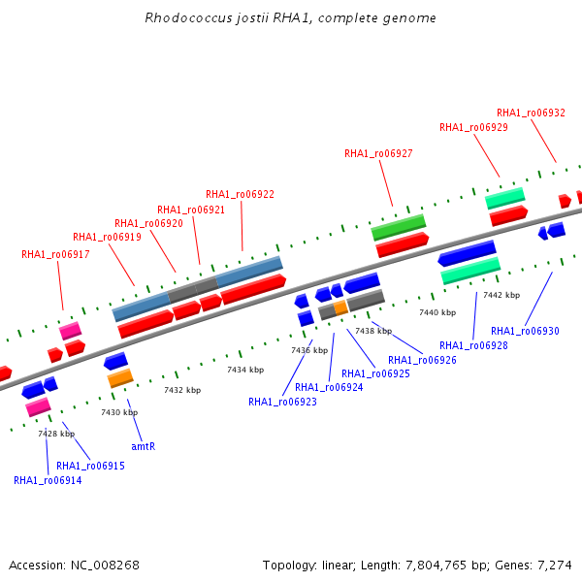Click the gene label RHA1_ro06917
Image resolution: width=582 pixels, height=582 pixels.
click(55, 254)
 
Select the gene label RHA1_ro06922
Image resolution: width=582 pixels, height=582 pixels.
click(240, 195)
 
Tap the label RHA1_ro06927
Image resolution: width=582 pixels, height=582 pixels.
click(378, 153)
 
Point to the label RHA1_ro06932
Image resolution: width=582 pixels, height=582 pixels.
click(531, 113)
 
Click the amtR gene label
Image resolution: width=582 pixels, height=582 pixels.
click(144, 446)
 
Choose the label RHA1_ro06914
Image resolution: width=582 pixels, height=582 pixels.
click(48, 481)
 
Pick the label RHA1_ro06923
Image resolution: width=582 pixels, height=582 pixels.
click(282, 402)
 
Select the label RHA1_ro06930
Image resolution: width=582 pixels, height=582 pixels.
click(525, 331)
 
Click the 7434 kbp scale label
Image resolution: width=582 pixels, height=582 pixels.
click(245, 371)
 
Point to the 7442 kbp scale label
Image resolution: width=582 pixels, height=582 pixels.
click(501, 295)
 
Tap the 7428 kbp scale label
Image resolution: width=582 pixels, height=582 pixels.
click(56, 434)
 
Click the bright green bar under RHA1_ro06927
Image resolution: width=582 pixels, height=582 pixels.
click(399, 227)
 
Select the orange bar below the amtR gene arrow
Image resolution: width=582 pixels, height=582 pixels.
click(120, 378)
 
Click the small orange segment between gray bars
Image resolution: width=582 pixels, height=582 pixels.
click(340, 307)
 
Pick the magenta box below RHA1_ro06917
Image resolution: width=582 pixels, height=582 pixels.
click(70, 331)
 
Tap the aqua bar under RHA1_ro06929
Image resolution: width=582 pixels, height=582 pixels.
click(504, 198)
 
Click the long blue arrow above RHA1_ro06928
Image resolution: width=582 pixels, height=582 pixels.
click(467, 253)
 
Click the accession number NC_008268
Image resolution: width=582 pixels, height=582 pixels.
click(105, 566)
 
